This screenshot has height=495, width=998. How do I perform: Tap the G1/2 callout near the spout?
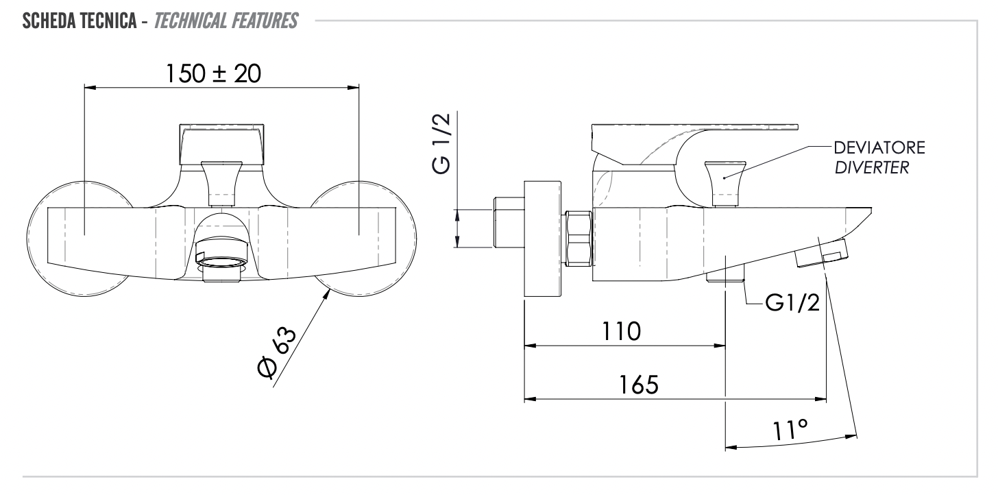coord(792,302)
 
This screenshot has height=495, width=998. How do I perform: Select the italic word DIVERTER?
coord(872,168)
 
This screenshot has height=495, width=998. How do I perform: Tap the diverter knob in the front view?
coord(221,180)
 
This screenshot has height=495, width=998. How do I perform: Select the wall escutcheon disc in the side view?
coord(542,239)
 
